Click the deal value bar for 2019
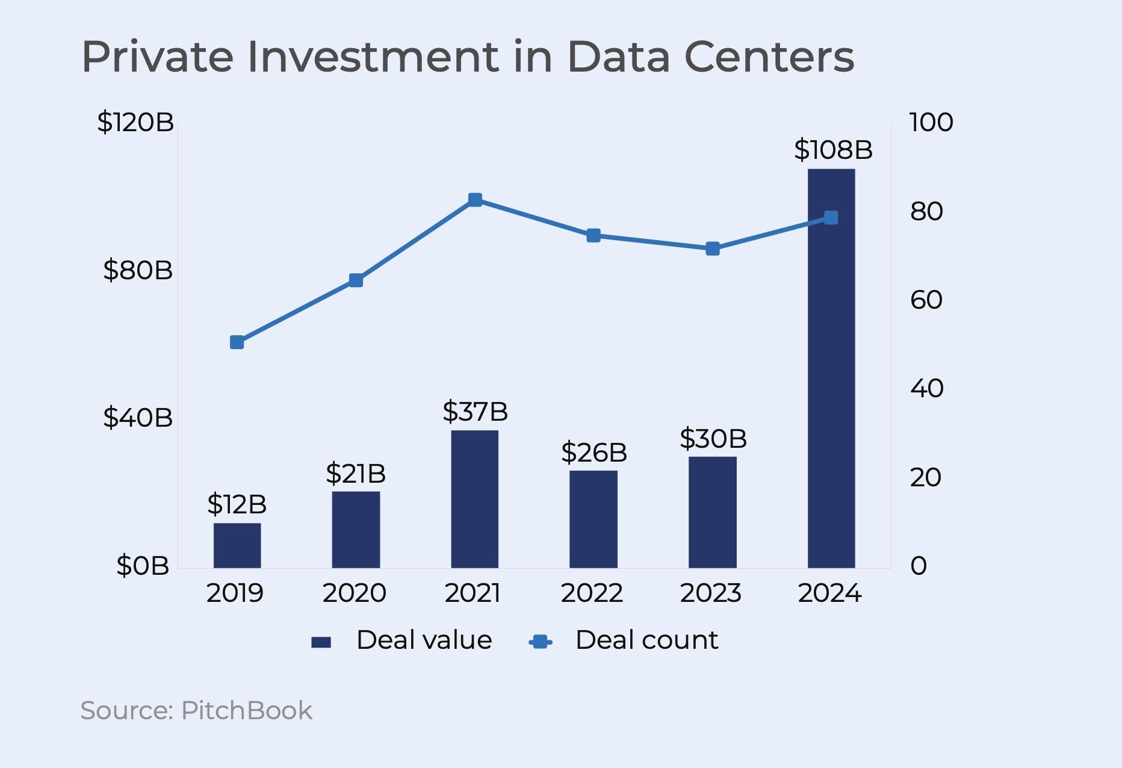tap(237, 545)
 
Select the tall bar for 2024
tap(831, 368)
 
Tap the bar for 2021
tap(475, 499)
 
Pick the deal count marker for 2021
tap(475, 200)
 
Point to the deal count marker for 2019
tap(237, 342)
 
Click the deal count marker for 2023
tap(713, 249)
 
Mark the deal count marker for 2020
tap(356, 280)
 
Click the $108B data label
tap(833, 149)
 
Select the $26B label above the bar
tap(594, 453)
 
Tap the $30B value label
tap(713, 439)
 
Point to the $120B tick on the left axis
tap(135, 122)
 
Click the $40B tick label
tap(138, 418)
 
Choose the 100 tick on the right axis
tap(931, 122)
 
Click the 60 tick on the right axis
tap(926, 300)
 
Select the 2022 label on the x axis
tap(592, 593)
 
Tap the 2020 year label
tap(355, 593)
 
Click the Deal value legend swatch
tap(321, 642)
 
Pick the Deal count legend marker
tap(541, 642)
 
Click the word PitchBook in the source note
tap(247, 711)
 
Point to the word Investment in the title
tap(373, 57)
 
